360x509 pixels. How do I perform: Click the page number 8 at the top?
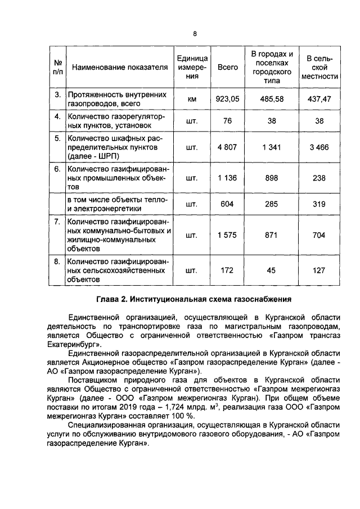point(195,33)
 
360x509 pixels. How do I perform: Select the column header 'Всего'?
point(227,67)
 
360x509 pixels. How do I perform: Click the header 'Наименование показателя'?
point(120,67)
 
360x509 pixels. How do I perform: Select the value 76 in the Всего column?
point(227,120)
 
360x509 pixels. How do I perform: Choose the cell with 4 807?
point(227,147)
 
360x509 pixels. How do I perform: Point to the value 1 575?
point(227,235)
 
